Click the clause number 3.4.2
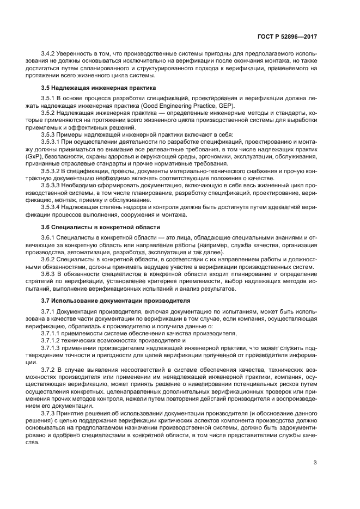pos(48,53)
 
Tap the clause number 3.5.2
pos(48,112)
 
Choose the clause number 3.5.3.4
pos(51,207)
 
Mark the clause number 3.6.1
pos(48,237)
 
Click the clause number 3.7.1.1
pos(51,332)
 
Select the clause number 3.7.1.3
pos(51,347)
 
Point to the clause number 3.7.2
pos(48,369)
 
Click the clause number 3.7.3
pos(48,413)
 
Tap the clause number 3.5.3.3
pos(51,186)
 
